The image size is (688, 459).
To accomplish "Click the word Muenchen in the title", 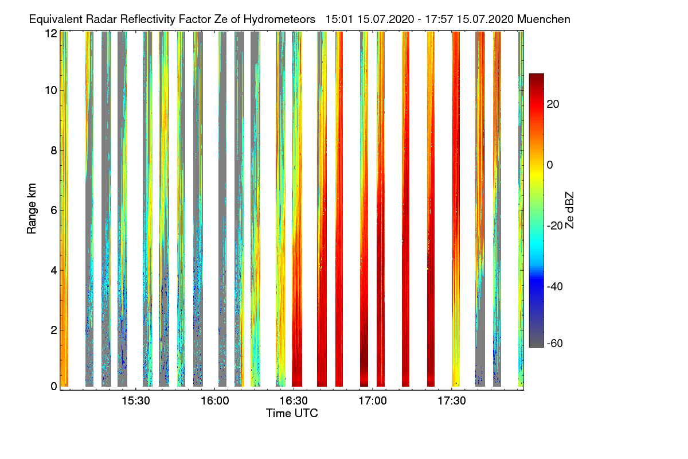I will point(544,19).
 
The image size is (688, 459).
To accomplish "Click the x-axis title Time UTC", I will point(292,413).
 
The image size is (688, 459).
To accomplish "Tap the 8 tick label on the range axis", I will point(54,150).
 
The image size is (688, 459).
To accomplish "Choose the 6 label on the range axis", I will point(54,210).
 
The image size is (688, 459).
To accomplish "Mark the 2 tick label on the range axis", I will point(54,329).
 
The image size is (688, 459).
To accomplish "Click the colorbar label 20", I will point(553,104).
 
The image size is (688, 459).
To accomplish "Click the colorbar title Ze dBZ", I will point(570,209).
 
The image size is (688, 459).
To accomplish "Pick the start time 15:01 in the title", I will point(339,19).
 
